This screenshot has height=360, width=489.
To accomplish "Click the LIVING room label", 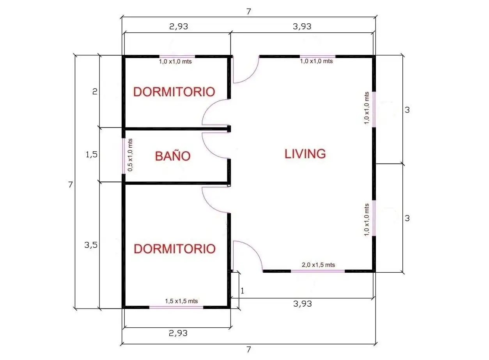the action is pyautogui.click(x=305, y=154).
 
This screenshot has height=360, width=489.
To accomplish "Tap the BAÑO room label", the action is pyautogui.click(x=173, y=156).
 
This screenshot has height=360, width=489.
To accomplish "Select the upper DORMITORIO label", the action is pyautogui.click(x=174, y=92).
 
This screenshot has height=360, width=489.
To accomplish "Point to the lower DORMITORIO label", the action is pyautogui.click(x=175, y=249).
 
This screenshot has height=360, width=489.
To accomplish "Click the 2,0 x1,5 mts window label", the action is pyautogui.click(x=318, y=265).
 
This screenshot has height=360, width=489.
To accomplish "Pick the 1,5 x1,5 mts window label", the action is pyautogui.click(x=181, y=301).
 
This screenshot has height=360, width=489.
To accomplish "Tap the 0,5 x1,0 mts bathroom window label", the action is pyautogui.click(x=130, y=155).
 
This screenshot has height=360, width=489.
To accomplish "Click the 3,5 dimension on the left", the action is pyautogui.click(x=91, y=245).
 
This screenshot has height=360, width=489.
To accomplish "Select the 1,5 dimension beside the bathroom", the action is pyautogui.click(x=92, y=155).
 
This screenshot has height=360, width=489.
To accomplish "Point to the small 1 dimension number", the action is pyautogui.click(x=242, y=291).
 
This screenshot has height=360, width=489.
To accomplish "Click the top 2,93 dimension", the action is pyautogui.click(x=179, y=26).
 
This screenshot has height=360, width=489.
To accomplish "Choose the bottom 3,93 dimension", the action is pyautogui.click(x=302, y=304).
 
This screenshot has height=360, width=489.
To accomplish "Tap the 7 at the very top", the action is pyautogui.click(x=249, y=11).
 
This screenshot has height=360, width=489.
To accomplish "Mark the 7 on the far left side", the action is pyautogui.click(x=70, y=185).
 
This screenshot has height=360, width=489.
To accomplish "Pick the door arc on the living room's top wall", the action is pyautogui.click(x=251, y=76).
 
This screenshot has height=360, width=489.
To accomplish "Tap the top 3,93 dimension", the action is pyautogui.click(x=302, y=26).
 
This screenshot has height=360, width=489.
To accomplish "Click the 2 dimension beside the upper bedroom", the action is pyautogui.click(x=95, y=91).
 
